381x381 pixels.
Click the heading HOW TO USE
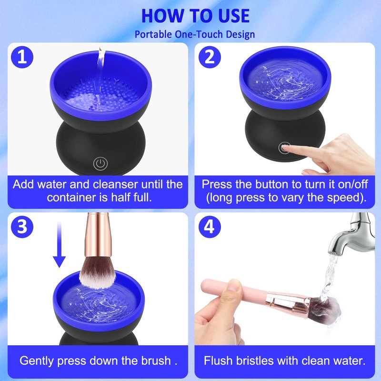click(195, 16)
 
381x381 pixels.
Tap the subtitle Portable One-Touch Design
click(195, 34)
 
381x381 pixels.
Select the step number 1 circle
click(22, 57)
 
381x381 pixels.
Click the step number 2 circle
click(210, 57)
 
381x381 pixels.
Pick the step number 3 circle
click(22, 227)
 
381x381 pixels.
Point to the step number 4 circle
click(210, 227)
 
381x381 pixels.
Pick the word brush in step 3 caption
click(156, 361)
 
